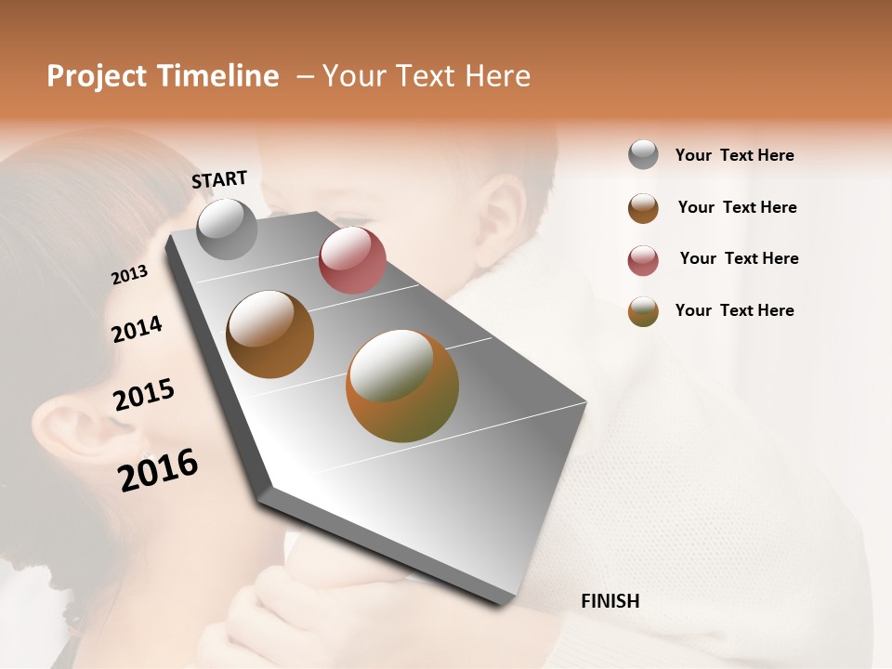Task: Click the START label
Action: (219, 179)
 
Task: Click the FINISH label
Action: (610, 601)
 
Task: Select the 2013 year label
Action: (129, 275)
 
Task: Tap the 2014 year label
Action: (137, 329)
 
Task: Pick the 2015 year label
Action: (143, 395)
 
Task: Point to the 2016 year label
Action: (158, 470)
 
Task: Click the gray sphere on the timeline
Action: (227, 229)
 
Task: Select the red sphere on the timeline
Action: (352, 261)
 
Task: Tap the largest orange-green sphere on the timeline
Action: (402, 386)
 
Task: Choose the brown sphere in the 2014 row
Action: (269, 334)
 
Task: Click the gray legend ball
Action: (643, 154)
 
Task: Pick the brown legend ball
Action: (643, 208)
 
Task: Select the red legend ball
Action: (643, 260)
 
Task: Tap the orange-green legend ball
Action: (643, 311)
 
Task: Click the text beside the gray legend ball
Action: (734, 155)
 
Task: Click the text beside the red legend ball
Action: (739, 258)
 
